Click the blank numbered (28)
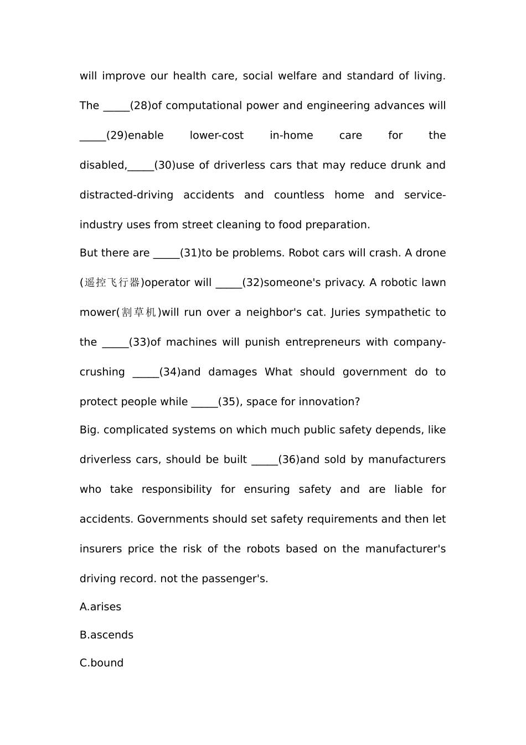116,106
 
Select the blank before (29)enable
92,136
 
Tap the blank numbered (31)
166,254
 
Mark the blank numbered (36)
264,461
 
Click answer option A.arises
100,607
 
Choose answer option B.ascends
106,635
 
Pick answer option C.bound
101,664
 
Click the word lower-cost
216,136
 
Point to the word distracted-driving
126,195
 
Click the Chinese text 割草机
139,313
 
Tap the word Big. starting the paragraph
89,430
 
